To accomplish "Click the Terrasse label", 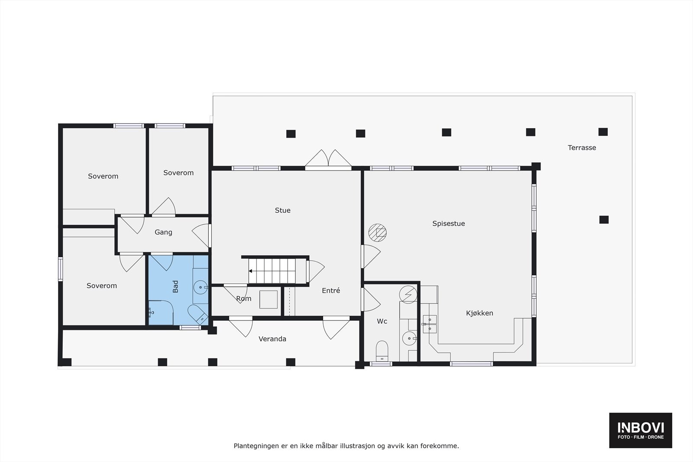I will click(582, 148).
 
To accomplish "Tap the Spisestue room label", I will click(448, 223).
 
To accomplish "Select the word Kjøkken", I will click(479, 313).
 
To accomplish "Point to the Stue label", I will click(282, 210).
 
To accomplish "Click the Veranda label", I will click(272, 339).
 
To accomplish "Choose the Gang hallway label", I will click(163, 232).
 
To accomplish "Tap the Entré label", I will click(331, 291).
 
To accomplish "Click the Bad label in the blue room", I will click(175, 286).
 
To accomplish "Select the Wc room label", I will click(382, 321).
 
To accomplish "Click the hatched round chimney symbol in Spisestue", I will click(377, 233).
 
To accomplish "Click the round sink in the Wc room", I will click(409, 338).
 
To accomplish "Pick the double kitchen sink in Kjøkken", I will click(430, 324).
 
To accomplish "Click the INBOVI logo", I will click(641, 430).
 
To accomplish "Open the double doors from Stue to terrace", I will click(328, 158).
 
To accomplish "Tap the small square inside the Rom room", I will click(268, 300).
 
